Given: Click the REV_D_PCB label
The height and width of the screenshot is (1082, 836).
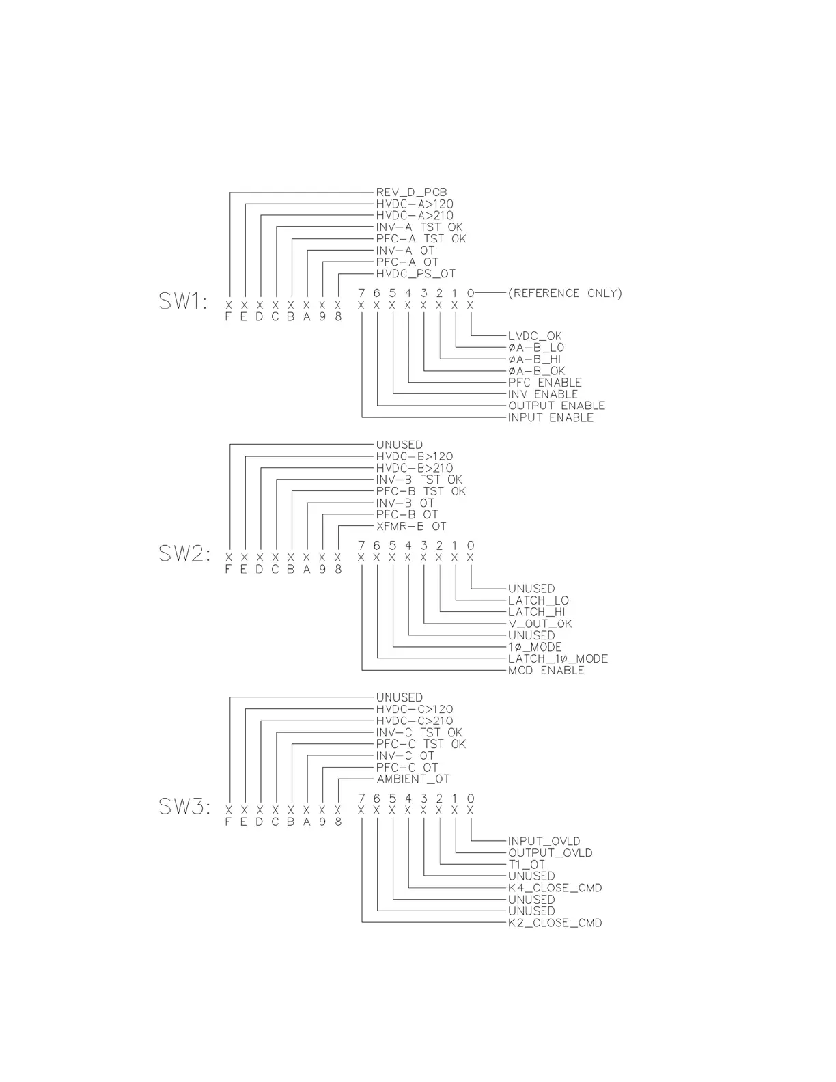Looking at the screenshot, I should (x=411, y=193).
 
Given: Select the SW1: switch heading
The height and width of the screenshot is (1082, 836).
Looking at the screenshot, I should (x=183, y=301).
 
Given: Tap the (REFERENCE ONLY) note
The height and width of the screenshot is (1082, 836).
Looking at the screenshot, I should (x=565, y=293).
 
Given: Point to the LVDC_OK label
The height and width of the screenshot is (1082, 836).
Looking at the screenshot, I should (x=535, y=336).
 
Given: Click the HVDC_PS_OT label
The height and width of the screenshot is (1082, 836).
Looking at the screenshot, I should (x=415, y=274).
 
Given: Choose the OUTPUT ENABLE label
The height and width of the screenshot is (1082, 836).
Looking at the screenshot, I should (x=556, y=406).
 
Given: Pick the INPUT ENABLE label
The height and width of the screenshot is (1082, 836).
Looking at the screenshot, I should (x=551, y=417).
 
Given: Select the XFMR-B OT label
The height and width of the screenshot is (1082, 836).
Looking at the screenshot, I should (x=411, y=527).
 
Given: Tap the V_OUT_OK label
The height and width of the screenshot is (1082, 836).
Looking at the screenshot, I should (x=540, y=624).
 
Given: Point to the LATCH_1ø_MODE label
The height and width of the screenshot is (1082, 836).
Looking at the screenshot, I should (x=557, y=659).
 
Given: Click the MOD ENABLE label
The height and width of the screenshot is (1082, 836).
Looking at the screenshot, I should (x=546, y=671).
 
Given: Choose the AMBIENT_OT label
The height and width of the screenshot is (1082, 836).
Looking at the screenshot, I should (x=413, y=779).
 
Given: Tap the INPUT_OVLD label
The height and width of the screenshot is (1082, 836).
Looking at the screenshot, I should (x=544, y=842).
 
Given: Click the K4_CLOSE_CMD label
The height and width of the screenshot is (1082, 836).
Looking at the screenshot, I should (x=555, y=888).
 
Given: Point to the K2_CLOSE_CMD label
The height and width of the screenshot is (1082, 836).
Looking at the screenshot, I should (x=555, y=923).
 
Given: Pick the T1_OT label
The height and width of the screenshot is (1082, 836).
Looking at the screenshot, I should (x=527, y=865).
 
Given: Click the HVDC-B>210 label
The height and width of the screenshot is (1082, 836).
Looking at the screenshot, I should (x=414, y=469).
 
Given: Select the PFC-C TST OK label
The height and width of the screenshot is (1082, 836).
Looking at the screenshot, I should (x=421, y=744).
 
